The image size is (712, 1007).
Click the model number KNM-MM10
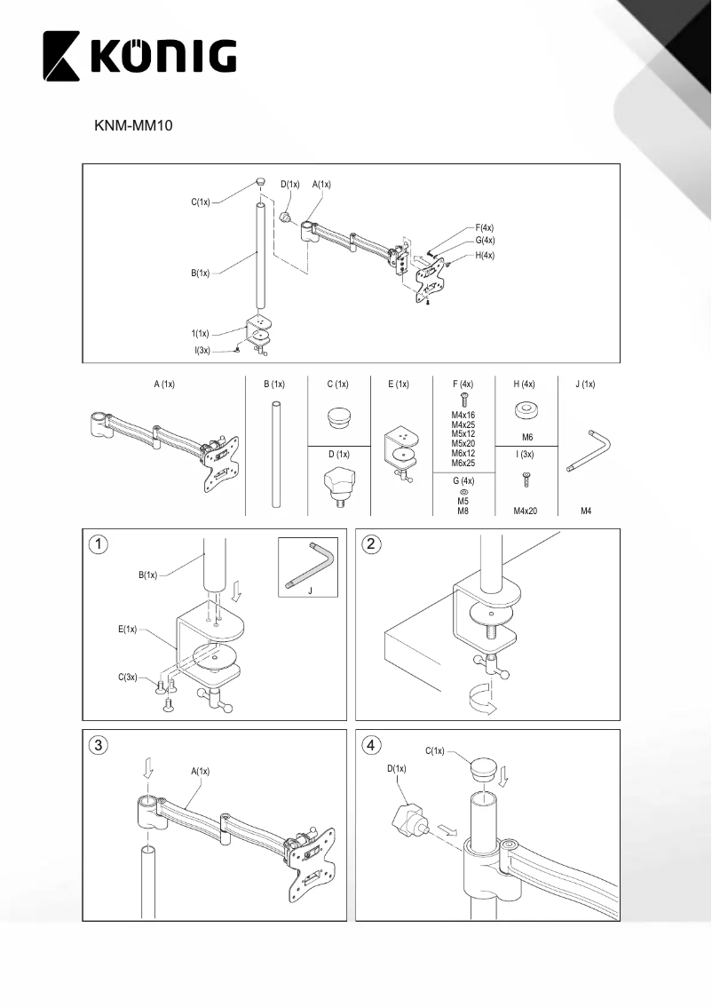(x=132, y=127)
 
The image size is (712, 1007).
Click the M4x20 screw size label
(x=526, y=511)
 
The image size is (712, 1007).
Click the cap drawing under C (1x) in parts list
(x=337, y=416)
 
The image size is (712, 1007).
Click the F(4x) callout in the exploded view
(x=485, y=227)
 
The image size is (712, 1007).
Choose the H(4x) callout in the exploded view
(x=485, y=256)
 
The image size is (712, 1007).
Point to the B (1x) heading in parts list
(x=275, y=384)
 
